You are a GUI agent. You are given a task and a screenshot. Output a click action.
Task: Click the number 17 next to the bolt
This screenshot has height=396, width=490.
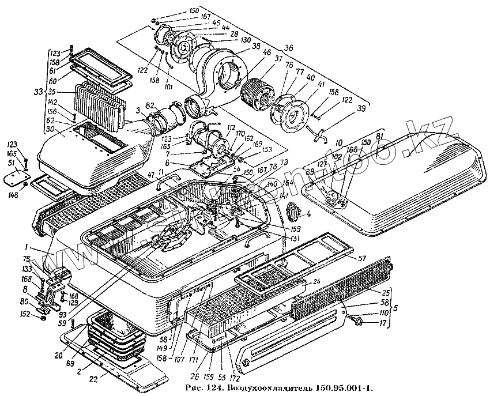(382, 323)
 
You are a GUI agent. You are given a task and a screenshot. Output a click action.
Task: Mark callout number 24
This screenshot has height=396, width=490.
(316, 282)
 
